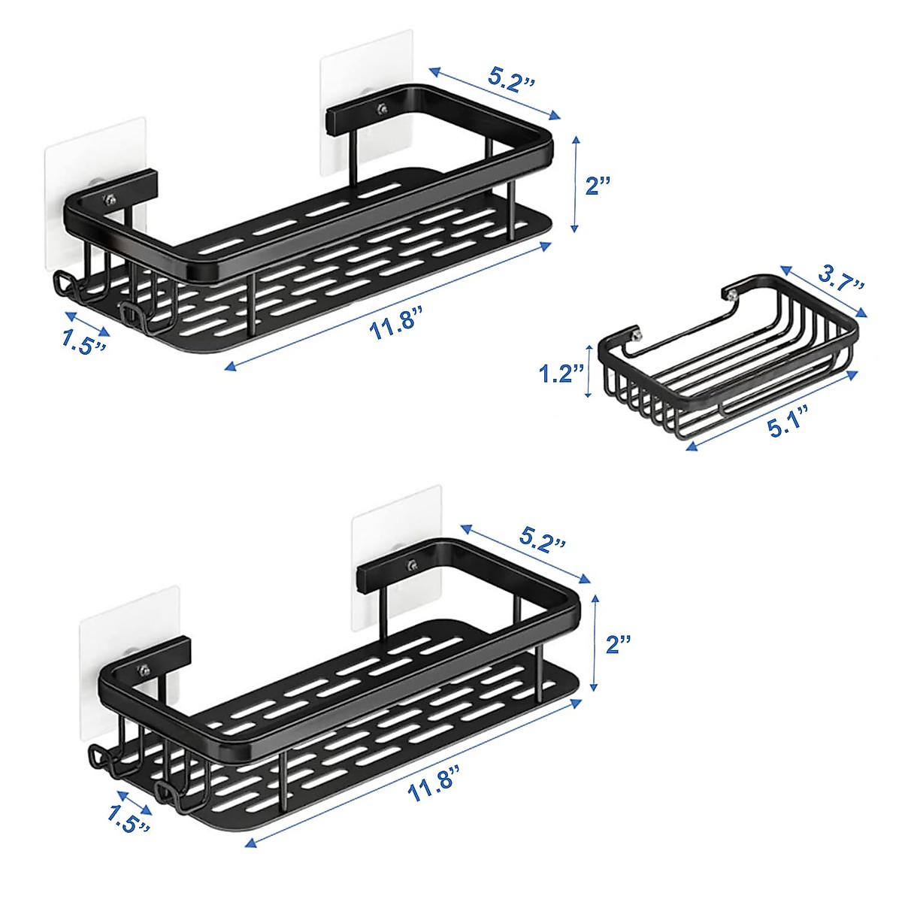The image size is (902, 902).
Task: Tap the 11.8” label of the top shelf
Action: [394, 325]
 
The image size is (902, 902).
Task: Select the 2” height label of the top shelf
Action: [598, 186]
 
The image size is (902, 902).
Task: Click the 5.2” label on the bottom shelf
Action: [542, 542]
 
